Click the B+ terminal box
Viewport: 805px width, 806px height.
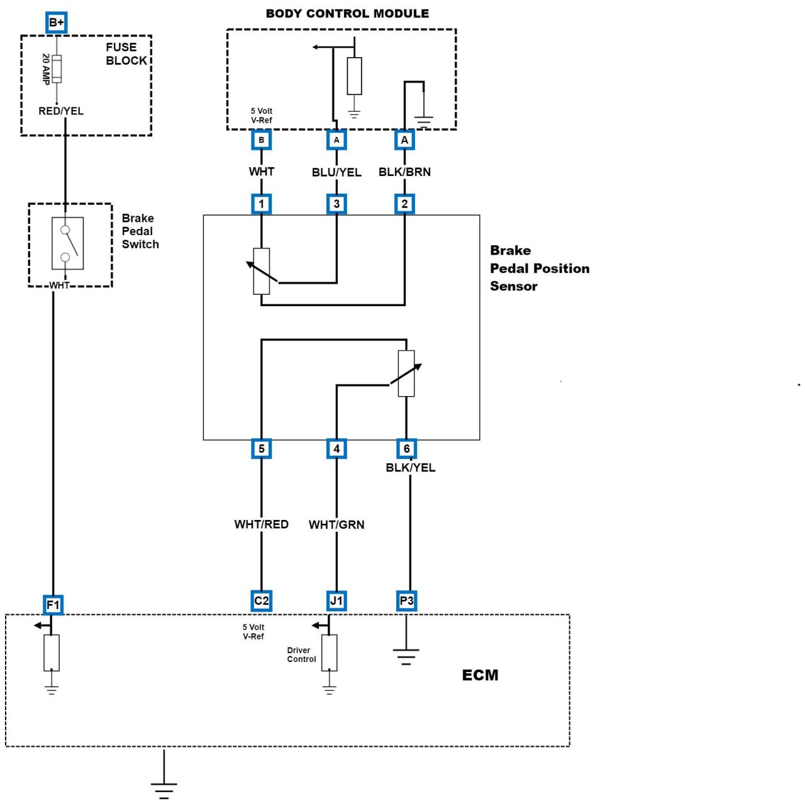click(x=57, y=23)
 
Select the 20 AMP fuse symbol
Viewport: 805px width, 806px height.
click(x=57, y=69)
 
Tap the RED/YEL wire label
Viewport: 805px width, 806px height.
click(x=61, y=111)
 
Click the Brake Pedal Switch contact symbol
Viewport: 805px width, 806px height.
click(x=68, y=243)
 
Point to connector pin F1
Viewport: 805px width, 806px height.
click(x=53, y=605)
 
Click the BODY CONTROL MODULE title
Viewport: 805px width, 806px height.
click(x=347, y=14)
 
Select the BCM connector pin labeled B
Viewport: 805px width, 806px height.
click(x=262, y=140)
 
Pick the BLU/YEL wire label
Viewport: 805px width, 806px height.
click(x=336, y=172)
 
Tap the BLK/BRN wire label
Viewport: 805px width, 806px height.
click(x=404, y=172)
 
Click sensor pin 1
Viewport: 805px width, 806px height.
click(x=262, y=204)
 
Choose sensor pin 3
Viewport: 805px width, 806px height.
click(x=336, y=204)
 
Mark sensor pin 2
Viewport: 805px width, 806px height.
click(x=404, y=204)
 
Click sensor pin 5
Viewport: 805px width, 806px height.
click(x=262, y=449)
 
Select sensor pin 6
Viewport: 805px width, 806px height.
click(x=406, y=449)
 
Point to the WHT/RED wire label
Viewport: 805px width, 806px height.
click(x=262, y=524)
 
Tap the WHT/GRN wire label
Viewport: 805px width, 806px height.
click(x=336, y=525)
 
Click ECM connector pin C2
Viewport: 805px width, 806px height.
click(x=262, y=601)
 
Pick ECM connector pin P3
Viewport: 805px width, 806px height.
click(x=406, y=601)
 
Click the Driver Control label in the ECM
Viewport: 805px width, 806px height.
click(x=301, y=655)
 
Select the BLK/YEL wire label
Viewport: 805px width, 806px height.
click(x=410, y=468)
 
